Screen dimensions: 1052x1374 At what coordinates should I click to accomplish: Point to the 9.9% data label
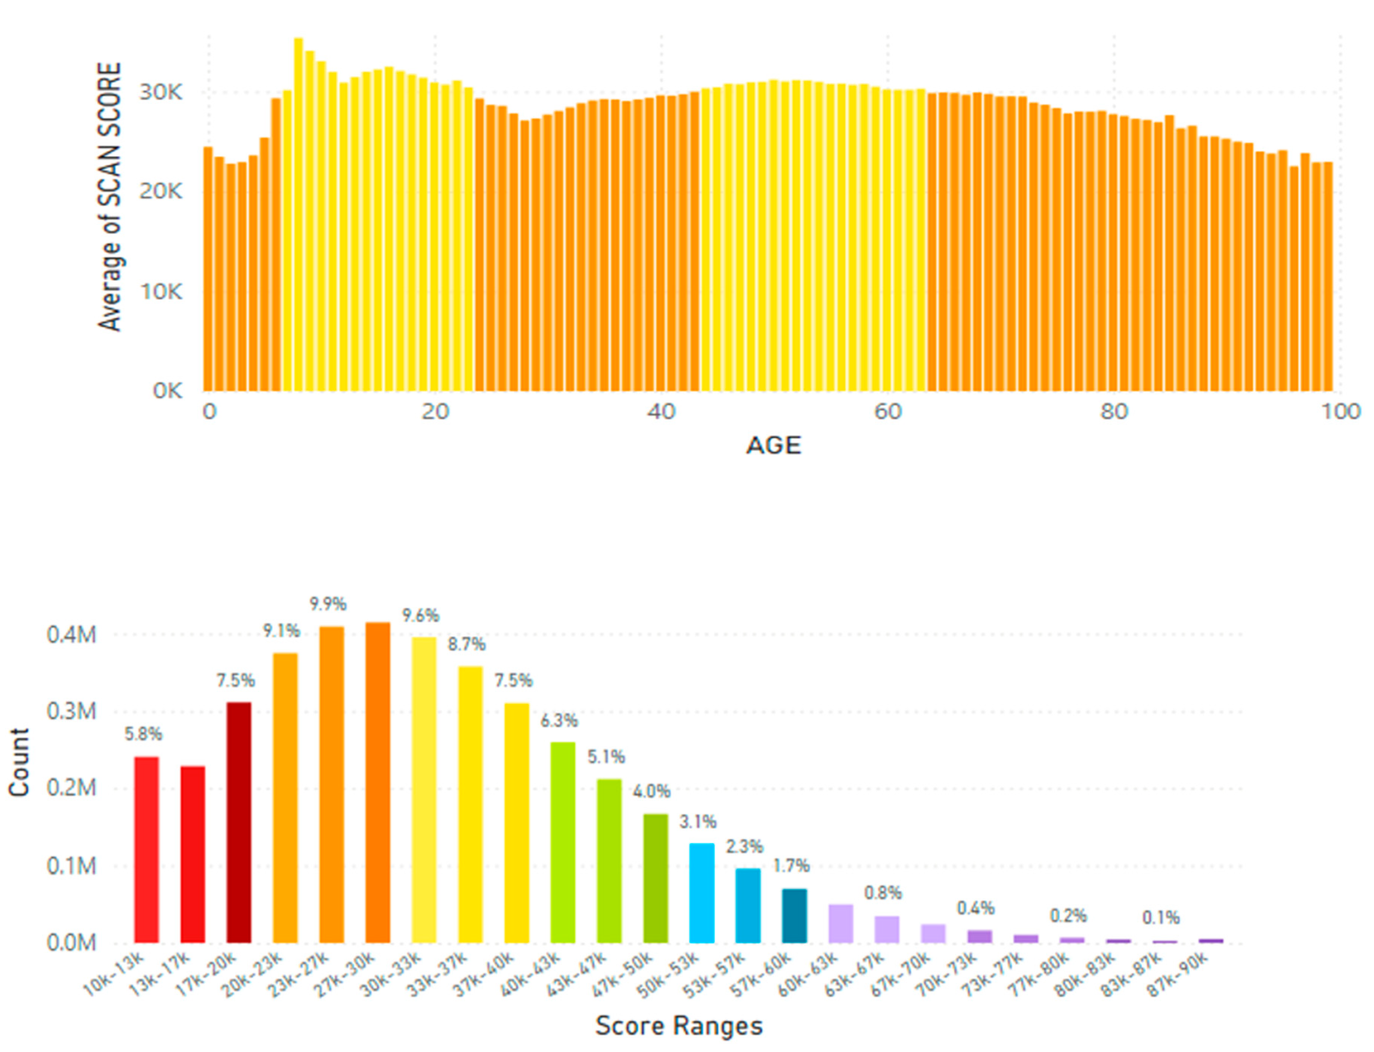pos(328,604)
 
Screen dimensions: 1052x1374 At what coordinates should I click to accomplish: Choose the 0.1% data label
pos(1160,918)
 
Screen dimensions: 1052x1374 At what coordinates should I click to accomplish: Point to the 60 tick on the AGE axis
pos(887,412)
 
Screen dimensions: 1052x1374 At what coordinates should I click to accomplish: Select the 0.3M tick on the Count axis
pos(71,712)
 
